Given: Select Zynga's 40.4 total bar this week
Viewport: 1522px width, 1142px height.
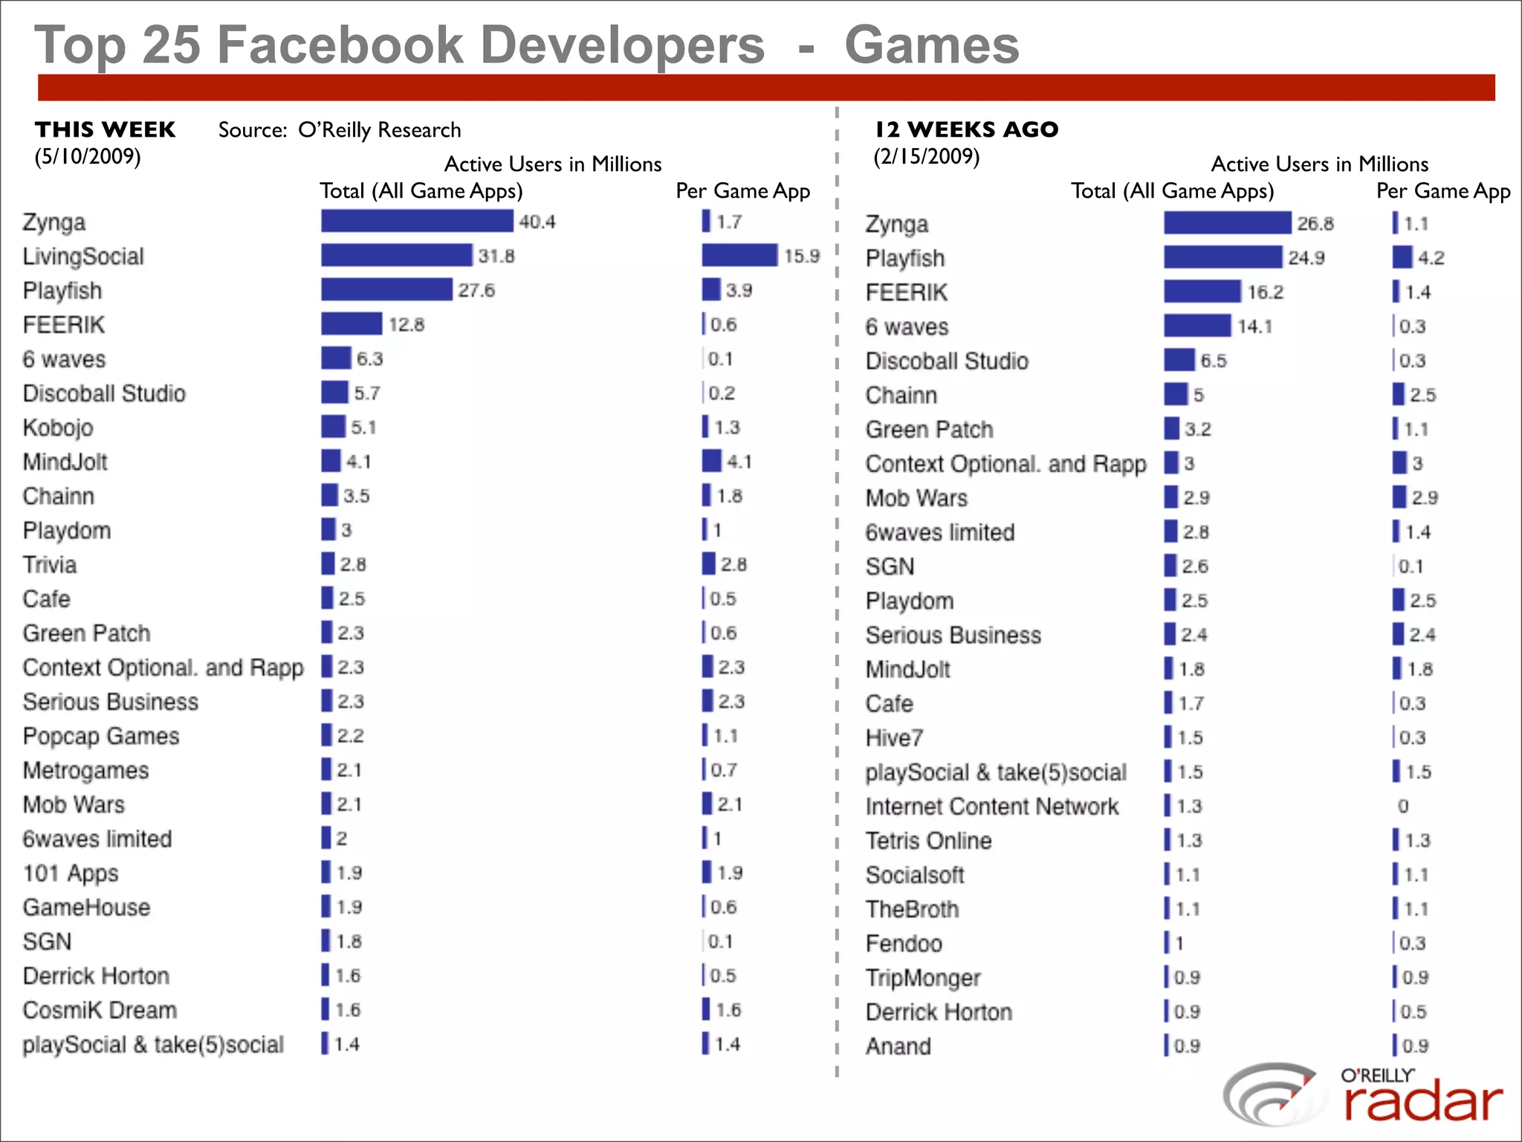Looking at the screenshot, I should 416,221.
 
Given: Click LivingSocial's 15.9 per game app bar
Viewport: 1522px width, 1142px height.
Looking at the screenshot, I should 739,255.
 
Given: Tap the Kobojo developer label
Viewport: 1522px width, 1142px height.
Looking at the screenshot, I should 58,428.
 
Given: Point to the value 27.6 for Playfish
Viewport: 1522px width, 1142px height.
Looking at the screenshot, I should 476,290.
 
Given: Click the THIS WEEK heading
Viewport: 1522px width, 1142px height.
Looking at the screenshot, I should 105,129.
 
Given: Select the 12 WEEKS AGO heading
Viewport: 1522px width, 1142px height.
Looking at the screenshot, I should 966,129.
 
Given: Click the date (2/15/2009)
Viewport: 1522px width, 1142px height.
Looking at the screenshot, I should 926,156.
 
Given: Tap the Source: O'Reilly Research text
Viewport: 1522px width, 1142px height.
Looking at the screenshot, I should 340,130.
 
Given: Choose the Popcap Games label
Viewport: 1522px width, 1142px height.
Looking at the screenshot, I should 101,736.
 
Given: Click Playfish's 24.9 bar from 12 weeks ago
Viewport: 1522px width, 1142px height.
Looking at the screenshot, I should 1223,257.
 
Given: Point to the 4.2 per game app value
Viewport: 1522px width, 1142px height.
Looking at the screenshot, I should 1431,258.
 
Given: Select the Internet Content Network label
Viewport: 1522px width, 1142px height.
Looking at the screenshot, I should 991,806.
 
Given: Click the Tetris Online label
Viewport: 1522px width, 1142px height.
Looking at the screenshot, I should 928,840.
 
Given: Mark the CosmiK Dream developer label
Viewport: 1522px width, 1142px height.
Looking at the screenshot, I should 100,1010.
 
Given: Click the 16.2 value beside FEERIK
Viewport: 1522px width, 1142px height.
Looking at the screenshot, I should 1265,292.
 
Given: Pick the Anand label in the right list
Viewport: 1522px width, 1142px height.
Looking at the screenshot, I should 898,1046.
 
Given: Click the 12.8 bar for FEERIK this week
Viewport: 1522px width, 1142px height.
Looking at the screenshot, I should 352,323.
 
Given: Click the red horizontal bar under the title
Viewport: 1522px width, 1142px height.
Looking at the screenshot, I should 765,88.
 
